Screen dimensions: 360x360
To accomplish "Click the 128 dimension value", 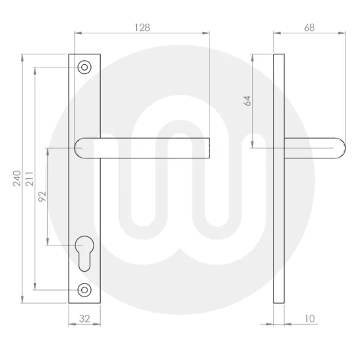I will point(141,27).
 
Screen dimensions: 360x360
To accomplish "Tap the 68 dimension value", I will point(310,27).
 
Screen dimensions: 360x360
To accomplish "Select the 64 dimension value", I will point(247,101).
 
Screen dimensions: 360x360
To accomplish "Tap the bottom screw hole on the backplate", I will point(84,289).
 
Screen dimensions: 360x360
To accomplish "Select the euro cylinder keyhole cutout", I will point(84,251).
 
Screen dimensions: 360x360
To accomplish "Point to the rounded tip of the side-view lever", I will point(342,149).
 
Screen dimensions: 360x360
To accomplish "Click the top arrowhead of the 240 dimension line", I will point(23,56).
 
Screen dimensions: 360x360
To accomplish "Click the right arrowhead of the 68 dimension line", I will point(344,32).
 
